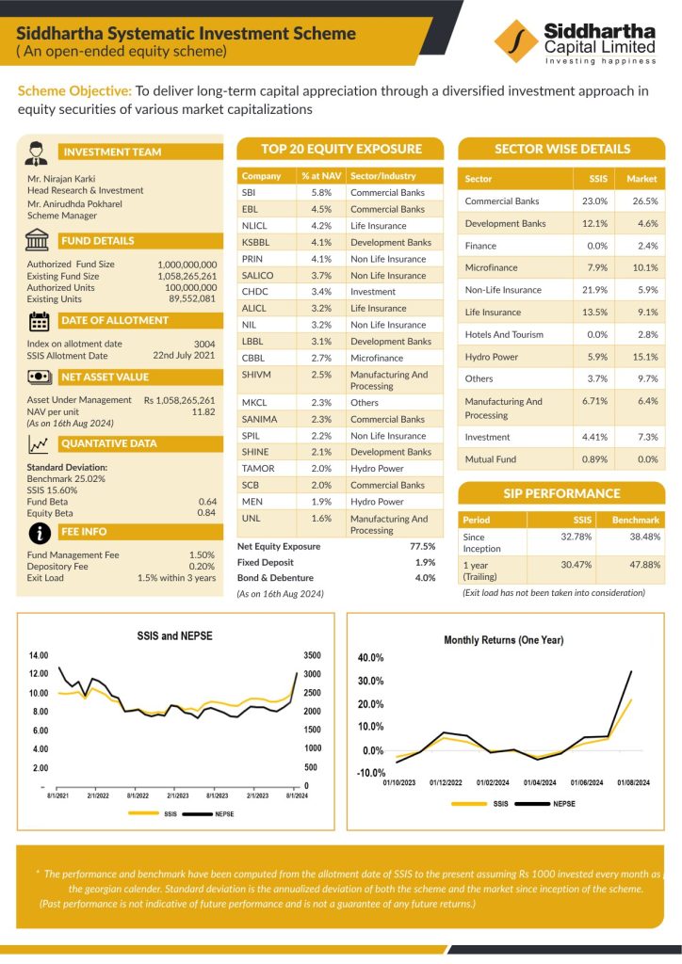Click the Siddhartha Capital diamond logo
click(x=516, y=41)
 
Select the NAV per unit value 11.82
click(x=203, y=412)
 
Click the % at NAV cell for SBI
click(x=321, y=192)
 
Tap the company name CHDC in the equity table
click(x=254, y=292)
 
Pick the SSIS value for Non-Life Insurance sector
click(x=594, y=290)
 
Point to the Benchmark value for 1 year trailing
click(x=644, y=565)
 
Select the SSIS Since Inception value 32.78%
click(x=576, y=537)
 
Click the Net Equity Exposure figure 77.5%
click(x=423, y=546)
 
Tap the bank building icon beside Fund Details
click(x=38, y=240)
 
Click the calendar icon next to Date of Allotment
click(x=39, y=321)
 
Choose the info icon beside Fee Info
click(x=40, y=533)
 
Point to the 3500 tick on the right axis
click(x=313, y=655)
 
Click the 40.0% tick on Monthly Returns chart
click(x=371, y=658)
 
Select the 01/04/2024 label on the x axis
click(x=540, y=782)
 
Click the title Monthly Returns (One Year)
click(x=504, y=640)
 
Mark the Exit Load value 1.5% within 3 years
click(x=176, y=578)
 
